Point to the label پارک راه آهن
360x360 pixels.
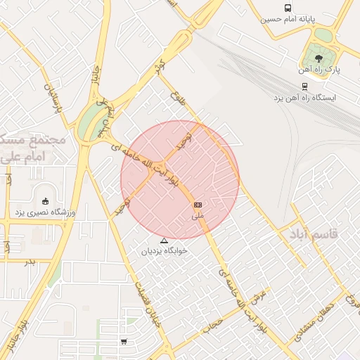click(319, 70)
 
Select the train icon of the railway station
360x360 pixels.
click(304, 86)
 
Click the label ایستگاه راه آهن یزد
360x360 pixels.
click(304, 97)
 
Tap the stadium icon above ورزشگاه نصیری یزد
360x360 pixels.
click(46, 201)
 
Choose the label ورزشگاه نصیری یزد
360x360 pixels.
click(46, 212)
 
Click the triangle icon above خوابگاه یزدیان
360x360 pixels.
click(165, 240)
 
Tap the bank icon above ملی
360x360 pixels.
click(198, 204)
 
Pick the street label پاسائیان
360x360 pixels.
click(51, 99)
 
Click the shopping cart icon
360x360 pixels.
click(124, 342)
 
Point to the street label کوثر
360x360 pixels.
click(159, 72)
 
